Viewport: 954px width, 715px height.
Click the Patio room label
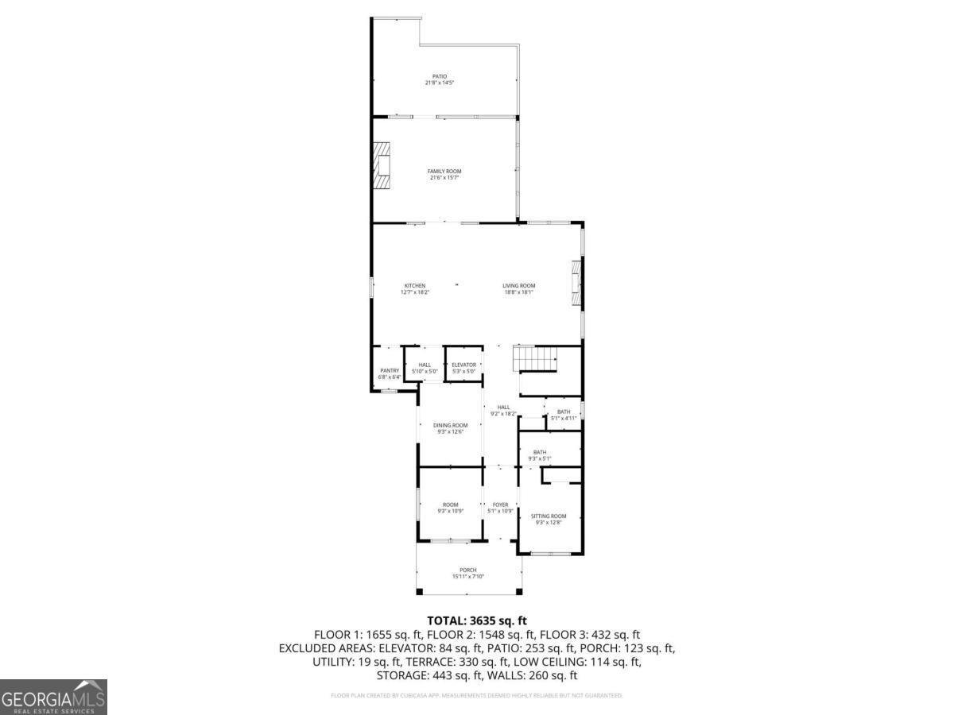click(x=439, y=79)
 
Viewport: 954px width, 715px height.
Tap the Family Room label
click(x=444, y=174)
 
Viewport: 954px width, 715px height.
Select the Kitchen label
click(x=415, y=288)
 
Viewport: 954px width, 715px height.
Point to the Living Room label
click(x=518, y=288)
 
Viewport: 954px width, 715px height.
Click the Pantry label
click(x=390, y=373)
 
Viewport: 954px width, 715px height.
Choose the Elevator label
click(x=463, y=368)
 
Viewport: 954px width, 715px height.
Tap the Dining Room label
click(x=450, y=428)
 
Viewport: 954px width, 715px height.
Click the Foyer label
click(x=500, y=508)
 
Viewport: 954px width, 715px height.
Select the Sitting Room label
click(x=549, y=519)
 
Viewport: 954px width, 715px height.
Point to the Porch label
click(x=468, y=573)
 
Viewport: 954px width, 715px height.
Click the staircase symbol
click(x=536, y=359)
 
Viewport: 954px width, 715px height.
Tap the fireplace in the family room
click(x=384, y=166)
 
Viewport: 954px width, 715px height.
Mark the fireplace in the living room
click(x=577, y=284)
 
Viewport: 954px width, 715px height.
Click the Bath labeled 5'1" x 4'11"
click(x=563, y=415)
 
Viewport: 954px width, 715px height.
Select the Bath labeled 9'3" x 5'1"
click(x=540, y=455)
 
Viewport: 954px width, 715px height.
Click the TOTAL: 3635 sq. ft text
click(x=477, y=620)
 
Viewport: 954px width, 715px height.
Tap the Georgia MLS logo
click(x=53, y=697)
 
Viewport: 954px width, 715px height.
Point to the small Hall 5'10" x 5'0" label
click(x=425, y=368)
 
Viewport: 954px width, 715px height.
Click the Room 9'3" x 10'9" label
click(x=450, y=508)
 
